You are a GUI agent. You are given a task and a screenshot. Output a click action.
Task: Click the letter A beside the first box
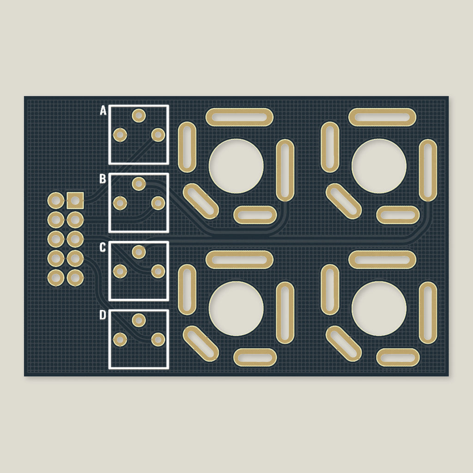pyautogui.click(x=103, y=111)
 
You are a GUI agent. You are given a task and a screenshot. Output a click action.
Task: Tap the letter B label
pyautogui.click(x=103, y=179)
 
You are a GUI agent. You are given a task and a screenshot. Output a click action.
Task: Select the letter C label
pyautogui.click(x=103, y=248)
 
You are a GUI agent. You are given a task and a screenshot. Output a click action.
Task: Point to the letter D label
pyautogui.click(x=103, y=315)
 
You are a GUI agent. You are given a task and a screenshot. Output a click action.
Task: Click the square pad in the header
pyautogui.click(x=75, y=200)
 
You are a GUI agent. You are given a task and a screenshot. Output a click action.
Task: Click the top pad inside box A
pyautogui.click(x=139, y=115)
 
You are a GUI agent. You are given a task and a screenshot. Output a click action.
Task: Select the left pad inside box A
pyautogui.click(x=120, y=135)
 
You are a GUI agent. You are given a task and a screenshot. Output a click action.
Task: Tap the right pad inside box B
pyautogui.click(x=158, y=203)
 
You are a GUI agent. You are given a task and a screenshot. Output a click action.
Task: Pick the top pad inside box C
pyautogui.click(x=139, y=252)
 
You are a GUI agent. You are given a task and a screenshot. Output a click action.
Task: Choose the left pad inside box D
pyautogui.click(x=120, y=340)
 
